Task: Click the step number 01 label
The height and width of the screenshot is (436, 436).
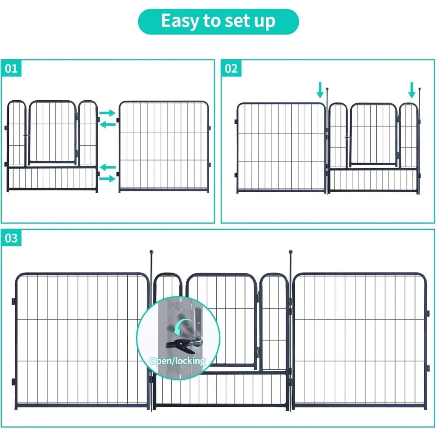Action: point(11,69)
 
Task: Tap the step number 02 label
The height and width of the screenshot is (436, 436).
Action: point(232,69)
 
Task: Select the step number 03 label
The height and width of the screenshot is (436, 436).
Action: point(11,238)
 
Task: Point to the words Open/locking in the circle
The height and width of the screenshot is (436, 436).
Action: point(177,361)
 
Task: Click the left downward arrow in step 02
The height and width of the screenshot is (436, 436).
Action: point(320,90)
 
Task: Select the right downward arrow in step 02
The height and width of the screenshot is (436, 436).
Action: point(412,90)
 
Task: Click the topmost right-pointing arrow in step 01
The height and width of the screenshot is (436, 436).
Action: point(107,113)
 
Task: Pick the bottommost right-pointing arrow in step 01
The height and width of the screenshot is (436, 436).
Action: point(107,178)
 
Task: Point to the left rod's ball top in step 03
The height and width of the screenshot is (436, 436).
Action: point(152,252)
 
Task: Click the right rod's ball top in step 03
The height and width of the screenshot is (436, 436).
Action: point(290,252)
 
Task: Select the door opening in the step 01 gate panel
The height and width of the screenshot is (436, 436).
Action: point(52,133)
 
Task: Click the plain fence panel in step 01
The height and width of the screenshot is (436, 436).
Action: point(163,146)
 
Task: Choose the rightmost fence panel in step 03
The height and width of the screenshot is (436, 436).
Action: point(360,340)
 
